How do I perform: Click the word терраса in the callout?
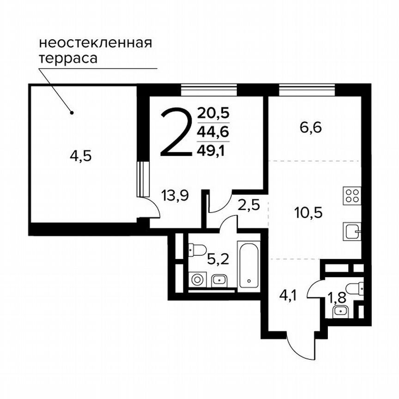[68, 59]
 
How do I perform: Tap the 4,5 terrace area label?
[81, 157]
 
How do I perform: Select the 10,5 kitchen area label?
[308, 213]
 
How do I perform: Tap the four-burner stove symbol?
[352, 195]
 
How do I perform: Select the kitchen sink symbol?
[352, 230]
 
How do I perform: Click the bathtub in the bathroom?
[249, 265]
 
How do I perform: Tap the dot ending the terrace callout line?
[71, 112]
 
